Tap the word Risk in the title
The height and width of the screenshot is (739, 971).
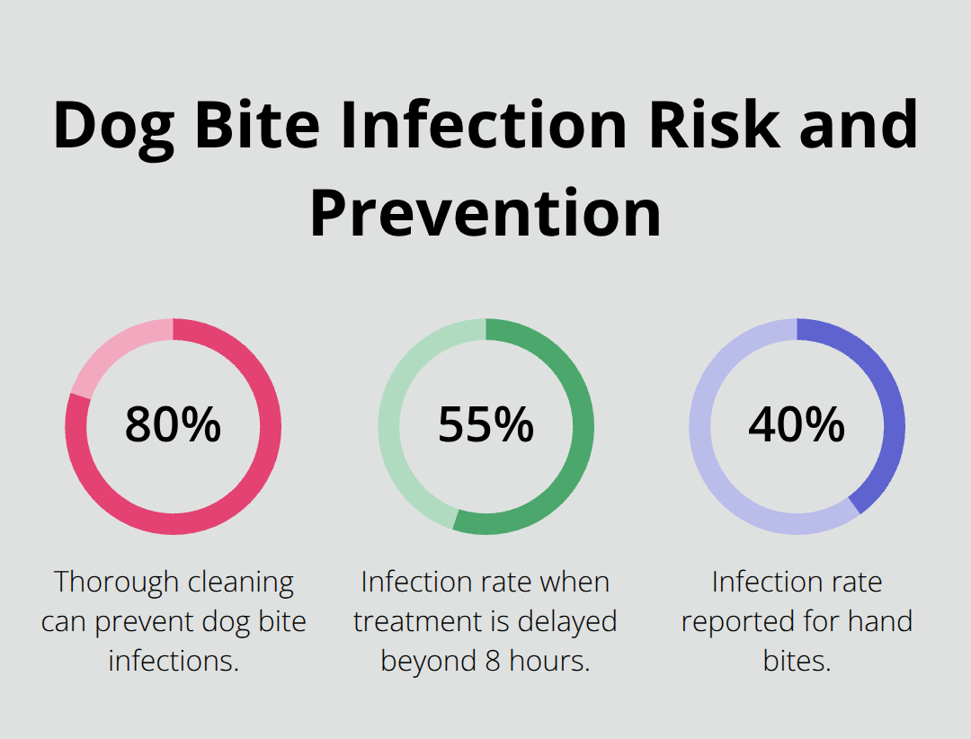coord(718,125)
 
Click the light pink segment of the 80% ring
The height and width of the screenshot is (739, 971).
coord(112,354)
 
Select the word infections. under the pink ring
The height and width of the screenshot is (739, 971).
coord(174,661)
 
